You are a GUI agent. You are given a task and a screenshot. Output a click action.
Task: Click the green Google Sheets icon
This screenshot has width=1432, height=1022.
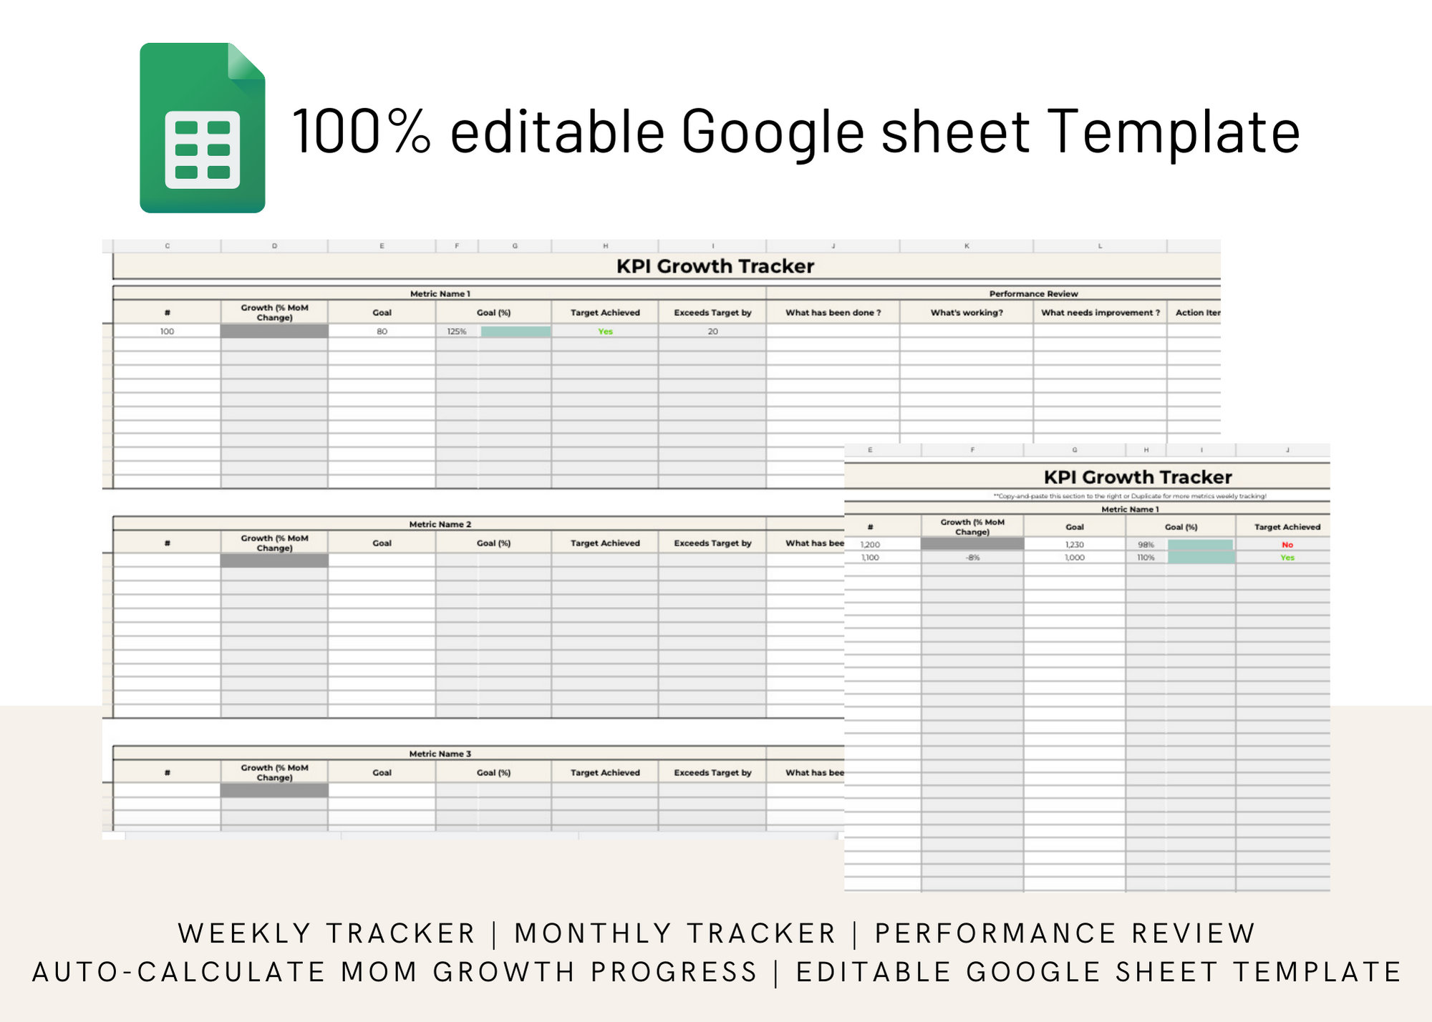[203, 128]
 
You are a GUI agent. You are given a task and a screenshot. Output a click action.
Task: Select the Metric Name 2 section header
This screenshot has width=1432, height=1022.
[440, 524]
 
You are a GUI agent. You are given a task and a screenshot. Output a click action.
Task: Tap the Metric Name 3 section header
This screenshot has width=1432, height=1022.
[440, 754]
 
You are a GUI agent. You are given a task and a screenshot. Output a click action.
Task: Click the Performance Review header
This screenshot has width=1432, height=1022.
[1033, 293]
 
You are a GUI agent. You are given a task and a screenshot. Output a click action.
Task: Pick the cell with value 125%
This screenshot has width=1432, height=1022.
[457, 331]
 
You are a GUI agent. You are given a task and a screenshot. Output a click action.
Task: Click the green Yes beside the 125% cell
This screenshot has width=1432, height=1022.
[605, 331]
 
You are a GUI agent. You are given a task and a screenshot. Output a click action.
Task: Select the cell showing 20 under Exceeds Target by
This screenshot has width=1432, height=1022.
[712, 331]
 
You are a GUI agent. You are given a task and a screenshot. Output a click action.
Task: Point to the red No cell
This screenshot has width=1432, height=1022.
[1287, 545]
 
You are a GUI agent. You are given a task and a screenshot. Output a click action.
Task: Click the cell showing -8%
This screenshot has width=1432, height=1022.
[972, 558]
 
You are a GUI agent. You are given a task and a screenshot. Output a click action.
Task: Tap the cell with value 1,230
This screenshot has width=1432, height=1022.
[1074, 545]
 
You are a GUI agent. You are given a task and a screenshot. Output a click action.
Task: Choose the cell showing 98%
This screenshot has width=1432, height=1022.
[1146, 545]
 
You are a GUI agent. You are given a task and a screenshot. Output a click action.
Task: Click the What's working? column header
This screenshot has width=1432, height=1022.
[967, 313]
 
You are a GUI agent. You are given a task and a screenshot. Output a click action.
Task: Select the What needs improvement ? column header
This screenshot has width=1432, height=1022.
[1100, 313]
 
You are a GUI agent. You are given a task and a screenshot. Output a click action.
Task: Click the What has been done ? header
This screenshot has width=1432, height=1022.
[833, 313]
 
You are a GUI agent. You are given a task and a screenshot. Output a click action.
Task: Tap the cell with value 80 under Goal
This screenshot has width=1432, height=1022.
[382, 331]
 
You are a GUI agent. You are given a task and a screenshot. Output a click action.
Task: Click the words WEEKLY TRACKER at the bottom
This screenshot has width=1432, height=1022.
[326, 933]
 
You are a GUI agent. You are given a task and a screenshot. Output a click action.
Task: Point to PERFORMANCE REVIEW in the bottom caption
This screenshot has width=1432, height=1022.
[1065, 933]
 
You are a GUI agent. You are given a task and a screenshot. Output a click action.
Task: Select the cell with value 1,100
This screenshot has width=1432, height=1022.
[870, 558]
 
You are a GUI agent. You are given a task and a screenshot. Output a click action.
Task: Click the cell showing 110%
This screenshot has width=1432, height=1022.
[1146, 558]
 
